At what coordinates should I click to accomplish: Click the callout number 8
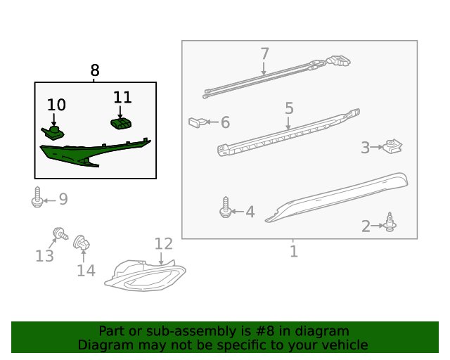point(95,70)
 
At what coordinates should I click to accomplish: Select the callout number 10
point(56,105)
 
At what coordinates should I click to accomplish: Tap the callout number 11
point(122,97)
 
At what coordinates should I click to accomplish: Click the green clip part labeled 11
point(122,124)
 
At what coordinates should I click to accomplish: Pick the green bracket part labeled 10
point(53,131)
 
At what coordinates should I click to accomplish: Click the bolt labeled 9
point(37,198)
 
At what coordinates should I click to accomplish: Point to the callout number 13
point(44,256)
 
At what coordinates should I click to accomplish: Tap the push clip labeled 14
point(81,243)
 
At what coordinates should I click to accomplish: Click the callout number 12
point(163,244)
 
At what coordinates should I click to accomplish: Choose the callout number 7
point(264,53)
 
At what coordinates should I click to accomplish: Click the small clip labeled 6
point(198,122)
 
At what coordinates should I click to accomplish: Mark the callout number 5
point(289,108)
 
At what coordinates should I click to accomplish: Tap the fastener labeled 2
point(389,223)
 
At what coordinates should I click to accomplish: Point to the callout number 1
point(294,251)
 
